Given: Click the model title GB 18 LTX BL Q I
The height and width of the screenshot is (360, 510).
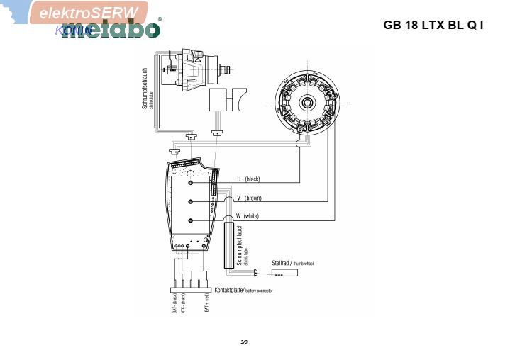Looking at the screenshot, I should [x=433, y=25].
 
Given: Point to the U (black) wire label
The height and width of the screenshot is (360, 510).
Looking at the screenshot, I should [x=249, y=179].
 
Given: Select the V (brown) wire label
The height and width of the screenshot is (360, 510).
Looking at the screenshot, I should [x=250, y=198].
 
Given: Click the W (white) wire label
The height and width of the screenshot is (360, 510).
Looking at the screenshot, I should [x=248, y=215].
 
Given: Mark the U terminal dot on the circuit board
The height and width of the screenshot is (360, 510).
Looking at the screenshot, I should [x=191, y=183].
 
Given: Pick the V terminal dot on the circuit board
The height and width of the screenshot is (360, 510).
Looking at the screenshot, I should [x=191, y=202].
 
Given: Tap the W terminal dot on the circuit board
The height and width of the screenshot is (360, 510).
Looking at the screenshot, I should [x=191, y=221].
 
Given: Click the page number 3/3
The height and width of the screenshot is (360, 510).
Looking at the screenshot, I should [x=244, y=342].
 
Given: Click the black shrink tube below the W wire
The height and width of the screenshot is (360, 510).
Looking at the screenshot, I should [x=229, y=244].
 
